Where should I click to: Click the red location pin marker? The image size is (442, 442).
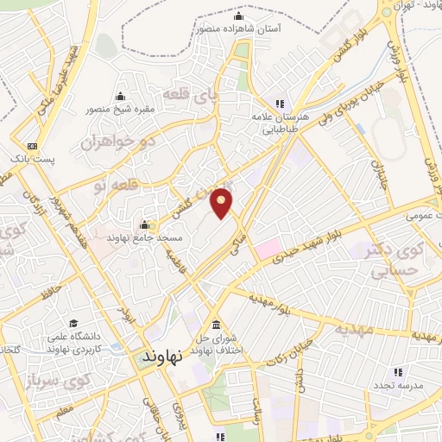(x=222, y=202)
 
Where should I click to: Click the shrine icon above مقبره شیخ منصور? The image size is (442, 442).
(x=120, y=96)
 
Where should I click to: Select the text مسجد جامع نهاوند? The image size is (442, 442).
(x=131, y=237)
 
